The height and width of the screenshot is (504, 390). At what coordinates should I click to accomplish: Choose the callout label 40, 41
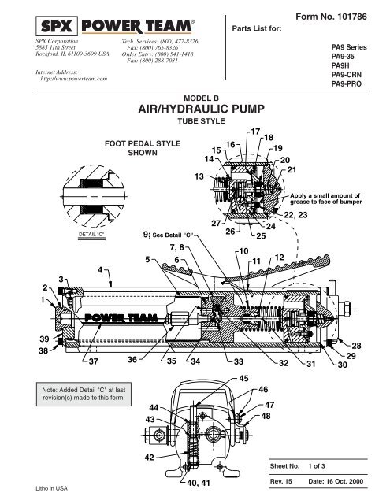[192, 483]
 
